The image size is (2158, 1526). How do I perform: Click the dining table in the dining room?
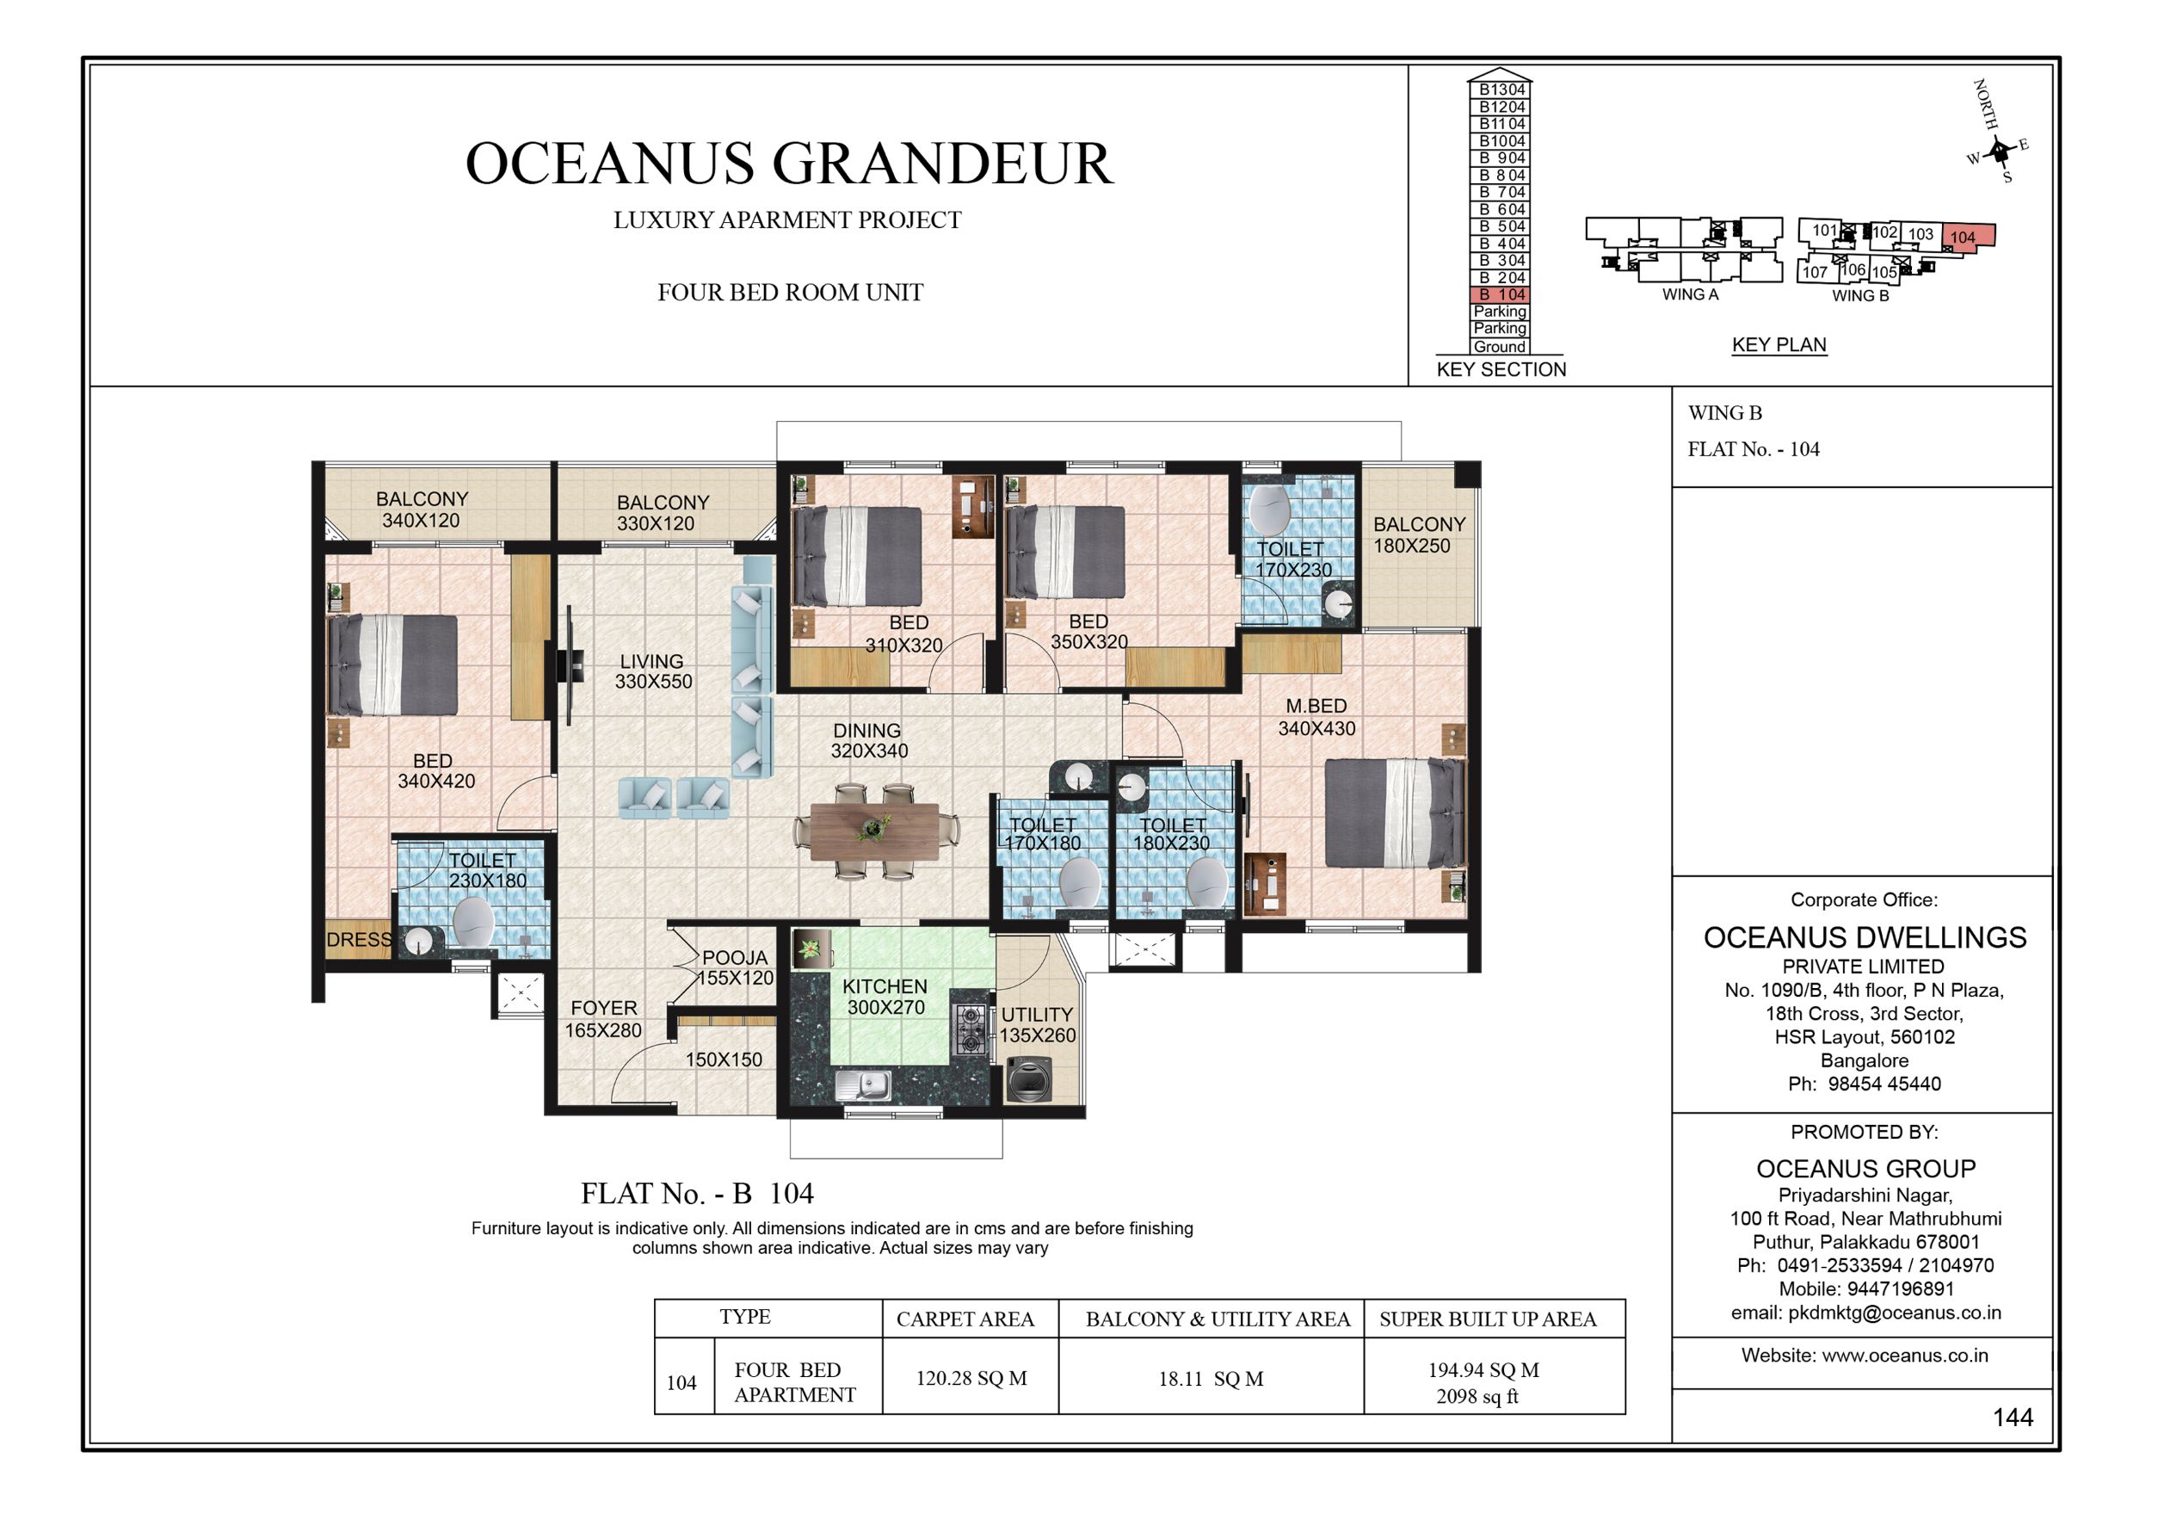click(x=874, y=831)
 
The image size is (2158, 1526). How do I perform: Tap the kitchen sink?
click(x=864, y=1086)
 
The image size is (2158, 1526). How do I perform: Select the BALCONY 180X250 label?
click(x=1418, y=535)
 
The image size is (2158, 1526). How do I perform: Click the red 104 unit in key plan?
click(x=1965, y=236)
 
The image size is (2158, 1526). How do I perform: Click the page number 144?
click(x=2013, y=1417)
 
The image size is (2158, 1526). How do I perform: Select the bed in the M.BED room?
click(x=1394, y=813)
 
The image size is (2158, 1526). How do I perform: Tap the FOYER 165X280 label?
click(x=603, y=1018)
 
